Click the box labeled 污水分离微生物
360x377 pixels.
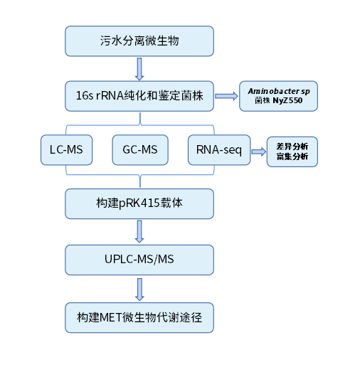[x=139, y=41]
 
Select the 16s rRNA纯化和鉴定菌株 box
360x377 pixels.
[x=139, y=96]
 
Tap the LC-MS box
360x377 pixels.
[x=66, y=150]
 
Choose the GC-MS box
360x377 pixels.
[x=139, y=150]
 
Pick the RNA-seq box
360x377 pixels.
[x=219, y=150]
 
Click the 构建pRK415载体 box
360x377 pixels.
[x=139, y=203]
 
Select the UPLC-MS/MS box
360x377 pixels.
[x=139, y=260]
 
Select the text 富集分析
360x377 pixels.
[x=292, y=157]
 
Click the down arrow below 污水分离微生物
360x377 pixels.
[x=139, y=68]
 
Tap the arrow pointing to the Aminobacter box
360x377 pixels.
[x=226, y=96]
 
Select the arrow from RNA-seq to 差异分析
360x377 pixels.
[x=258, y=151]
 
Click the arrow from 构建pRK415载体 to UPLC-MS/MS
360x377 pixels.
[x=139, y=231]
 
